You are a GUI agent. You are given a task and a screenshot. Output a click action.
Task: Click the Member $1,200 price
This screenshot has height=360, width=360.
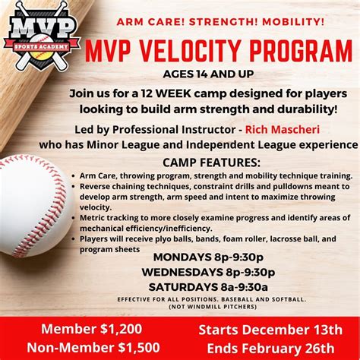coord(82,330)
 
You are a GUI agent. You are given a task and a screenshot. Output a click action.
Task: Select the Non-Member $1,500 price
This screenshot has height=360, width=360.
coord(82,347)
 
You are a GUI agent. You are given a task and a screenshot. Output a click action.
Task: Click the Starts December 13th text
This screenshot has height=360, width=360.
coord(270,330)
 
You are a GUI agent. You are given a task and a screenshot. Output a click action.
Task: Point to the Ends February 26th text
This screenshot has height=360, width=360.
coord(270,347)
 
